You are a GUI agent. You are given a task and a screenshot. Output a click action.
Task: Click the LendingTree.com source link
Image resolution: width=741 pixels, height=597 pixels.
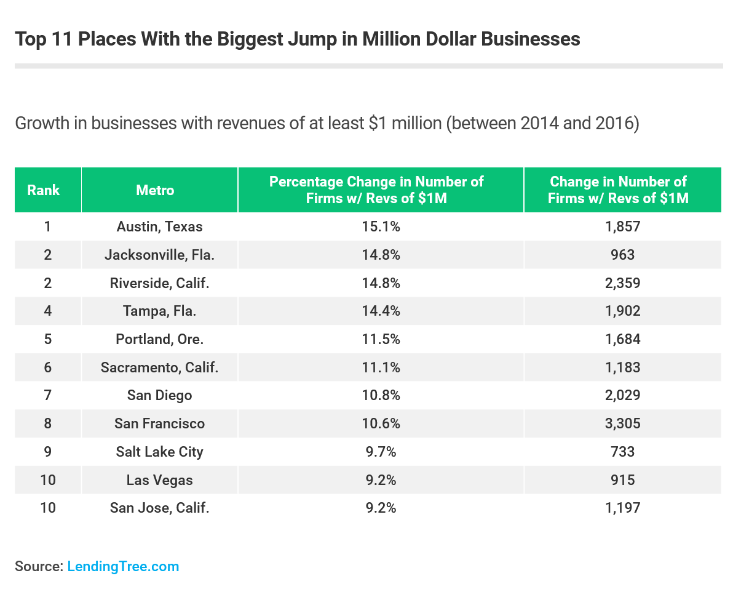coord(123,566)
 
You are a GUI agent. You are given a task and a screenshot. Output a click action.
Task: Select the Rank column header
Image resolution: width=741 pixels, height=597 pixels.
coord(43,190)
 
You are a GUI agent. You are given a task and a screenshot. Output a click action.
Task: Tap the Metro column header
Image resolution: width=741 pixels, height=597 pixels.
coord(155,190)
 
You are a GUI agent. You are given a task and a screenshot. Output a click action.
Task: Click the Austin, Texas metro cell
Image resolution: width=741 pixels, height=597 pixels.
coord(159,226)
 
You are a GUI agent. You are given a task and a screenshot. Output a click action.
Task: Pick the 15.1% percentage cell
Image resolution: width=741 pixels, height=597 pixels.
coord(380,226)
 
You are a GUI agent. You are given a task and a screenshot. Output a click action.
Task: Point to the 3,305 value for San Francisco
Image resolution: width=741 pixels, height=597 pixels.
coord(622,423)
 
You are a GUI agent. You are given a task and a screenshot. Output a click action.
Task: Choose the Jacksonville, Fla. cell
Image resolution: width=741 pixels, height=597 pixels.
coord(159,255)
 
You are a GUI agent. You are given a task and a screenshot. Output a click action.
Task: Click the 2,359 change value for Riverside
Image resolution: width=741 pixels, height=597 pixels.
coord(622,283)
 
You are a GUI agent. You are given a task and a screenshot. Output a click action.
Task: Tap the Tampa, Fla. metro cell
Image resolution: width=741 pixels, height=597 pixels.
coord(159,311)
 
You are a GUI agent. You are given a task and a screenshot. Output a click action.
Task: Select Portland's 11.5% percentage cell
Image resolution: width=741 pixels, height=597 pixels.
coord(380,339)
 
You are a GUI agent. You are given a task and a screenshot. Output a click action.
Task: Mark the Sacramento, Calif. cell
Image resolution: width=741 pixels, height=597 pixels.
coord(159,367)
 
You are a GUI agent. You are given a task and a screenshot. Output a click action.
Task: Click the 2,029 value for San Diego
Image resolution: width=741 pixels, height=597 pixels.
coord(622,395)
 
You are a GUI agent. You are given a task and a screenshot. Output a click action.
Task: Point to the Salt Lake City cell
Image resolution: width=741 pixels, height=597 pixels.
coord(159,452)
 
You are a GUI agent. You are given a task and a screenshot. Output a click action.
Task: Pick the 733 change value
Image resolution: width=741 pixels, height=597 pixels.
coord(622,452)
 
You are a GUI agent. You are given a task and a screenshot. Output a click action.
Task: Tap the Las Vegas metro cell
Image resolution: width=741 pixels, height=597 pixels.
coord(159,480)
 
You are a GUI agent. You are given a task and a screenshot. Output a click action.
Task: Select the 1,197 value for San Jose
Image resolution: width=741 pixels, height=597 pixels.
coord(622,508)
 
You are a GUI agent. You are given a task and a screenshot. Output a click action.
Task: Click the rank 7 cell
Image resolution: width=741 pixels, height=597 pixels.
coord(47,395)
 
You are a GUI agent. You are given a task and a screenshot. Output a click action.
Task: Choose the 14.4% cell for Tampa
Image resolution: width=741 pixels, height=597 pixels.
coord(380,311)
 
